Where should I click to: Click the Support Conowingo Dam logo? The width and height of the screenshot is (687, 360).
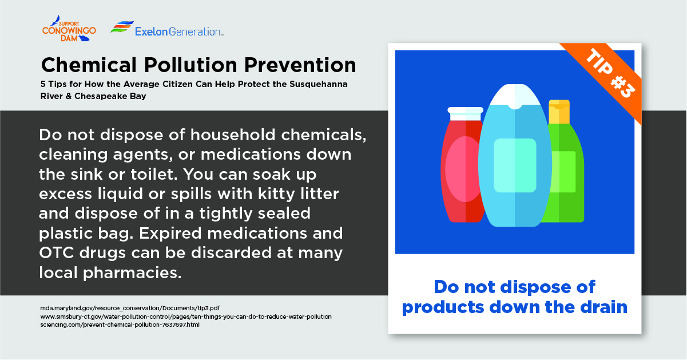point(69,29)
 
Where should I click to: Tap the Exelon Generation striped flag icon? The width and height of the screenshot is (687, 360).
point(122,27)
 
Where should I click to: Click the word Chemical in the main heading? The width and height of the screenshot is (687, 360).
point(89,65)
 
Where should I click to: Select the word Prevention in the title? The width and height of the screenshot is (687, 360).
point(300,65)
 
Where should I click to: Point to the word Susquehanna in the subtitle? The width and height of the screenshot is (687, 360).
point(319,84)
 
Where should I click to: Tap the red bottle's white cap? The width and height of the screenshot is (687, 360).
point(465,113)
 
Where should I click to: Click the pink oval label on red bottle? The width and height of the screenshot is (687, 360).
point(463,169)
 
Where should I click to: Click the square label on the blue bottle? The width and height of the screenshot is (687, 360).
point(515,165)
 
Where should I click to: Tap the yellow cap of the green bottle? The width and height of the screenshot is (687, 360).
point(559,112)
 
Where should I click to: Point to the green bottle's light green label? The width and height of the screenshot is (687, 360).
point(563,172)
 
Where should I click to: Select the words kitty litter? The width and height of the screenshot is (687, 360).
point(299,194)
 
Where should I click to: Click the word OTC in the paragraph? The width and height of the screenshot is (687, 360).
point(57,253)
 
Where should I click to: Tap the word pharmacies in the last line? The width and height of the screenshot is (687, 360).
point(132,273)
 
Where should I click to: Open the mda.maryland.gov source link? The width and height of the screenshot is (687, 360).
point(130,308)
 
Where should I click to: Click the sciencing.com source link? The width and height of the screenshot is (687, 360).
point(120,325)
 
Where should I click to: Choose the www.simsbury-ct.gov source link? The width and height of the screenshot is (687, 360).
point(186,317)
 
